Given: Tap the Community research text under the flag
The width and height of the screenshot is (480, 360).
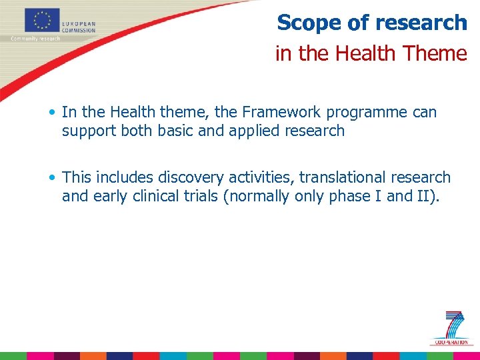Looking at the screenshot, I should point(35,39).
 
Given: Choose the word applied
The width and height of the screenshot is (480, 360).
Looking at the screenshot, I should point(255,131).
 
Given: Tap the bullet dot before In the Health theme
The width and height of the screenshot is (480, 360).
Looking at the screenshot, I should point(53,113).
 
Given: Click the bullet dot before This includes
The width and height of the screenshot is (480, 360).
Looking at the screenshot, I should point(53,178).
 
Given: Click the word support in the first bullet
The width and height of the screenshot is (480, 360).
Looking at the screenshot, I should point(89,131).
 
